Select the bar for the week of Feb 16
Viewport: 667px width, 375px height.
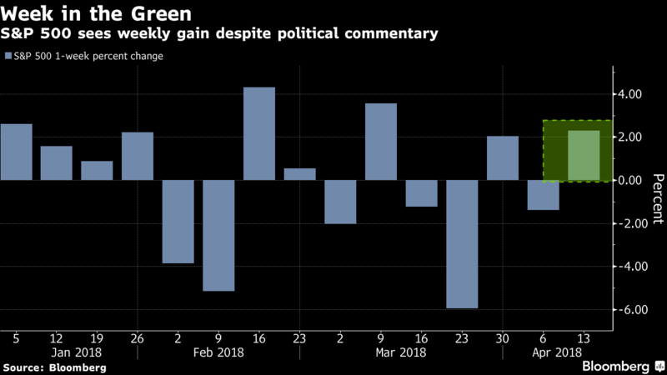[259, 133]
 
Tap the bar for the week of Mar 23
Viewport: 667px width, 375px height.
[462, 243]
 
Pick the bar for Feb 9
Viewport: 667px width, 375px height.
[218, 235]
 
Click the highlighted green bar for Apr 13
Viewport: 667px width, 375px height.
[584, 155]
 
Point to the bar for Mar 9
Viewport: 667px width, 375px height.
[381, 142]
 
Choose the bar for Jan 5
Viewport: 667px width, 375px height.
[16, 152]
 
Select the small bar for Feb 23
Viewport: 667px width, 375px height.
[300, 174]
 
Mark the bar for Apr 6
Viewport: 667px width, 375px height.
[543, 195]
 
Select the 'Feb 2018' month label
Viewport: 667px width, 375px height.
[218, 353]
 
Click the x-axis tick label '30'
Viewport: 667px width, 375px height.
[503, 338]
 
